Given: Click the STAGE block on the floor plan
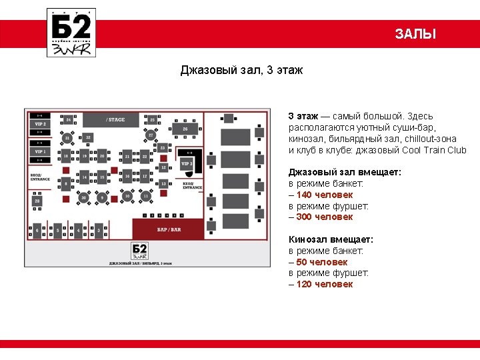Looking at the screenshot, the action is tap(115, 120).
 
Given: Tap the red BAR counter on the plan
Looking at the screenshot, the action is tap(168, 229).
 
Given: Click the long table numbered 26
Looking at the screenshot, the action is tap(185, 128).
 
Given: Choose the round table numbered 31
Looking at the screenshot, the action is tap(67, 138).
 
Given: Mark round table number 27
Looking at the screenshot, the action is tap(151, 135).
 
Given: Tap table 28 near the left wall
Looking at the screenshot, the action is tap(37, 200).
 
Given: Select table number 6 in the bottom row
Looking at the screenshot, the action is tap(37, 231).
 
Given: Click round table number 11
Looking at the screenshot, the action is tap(145, 197).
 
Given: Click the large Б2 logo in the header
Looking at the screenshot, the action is tap(71, 33).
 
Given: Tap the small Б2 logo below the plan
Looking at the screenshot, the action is tap(139, 251).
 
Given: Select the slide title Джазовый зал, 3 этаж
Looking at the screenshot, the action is tap(241, 70).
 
